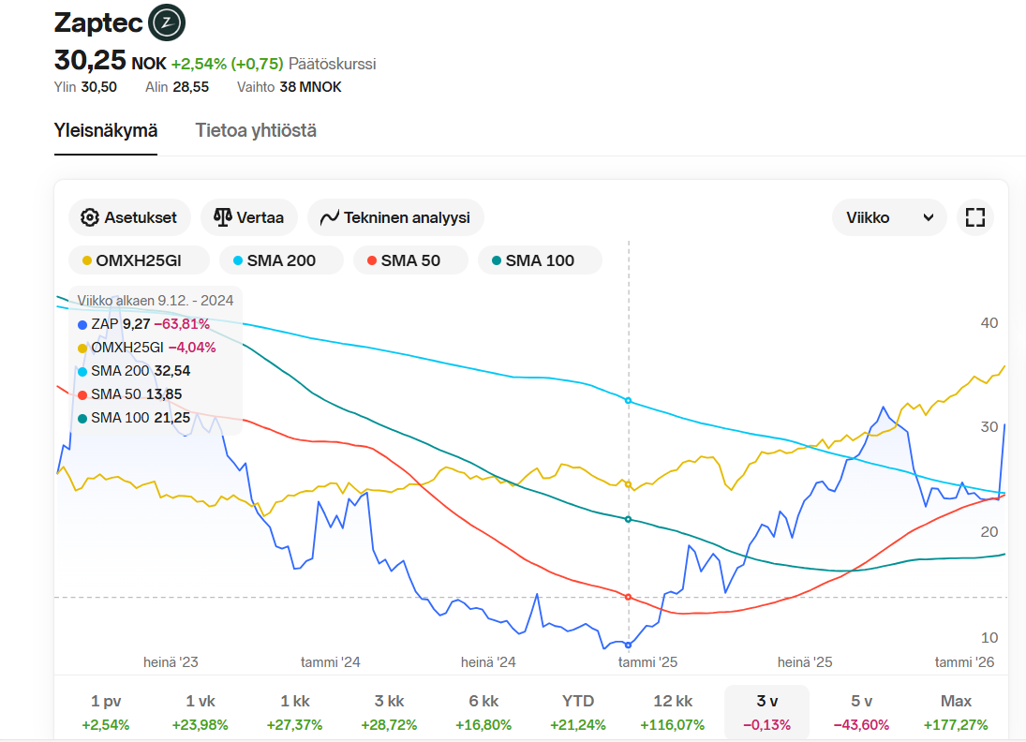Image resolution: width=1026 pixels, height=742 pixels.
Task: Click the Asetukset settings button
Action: pos(129,217)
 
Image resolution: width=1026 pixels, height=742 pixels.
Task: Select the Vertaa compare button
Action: pos(248,217)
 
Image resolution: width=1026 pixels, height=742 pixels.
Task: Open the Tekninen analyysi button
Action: pos(394,217)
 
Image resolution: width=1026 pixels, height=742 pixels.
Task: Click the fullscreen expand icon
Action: pos(975,217)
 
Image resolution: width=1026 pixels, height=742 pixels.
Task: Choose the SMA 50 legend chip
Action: pos(409,260)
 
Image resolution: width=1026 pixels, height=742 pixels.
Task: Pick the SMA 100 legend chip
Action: pos(539,260)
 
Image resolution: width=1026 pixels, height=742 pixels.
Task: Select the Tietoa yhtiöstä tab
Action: pos(256,130)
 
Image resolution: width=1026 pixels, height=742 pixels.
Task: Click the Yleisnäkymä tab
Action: pos(106,130)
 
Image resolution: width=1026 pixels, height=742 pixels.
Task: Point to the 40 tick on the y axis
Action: pos(989,322)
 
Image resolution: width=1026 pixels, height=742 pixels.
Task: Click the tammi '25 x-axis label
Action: pos(647,661)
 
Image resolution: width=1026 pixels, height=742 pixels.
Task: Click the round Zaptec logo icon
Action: pos(167,22)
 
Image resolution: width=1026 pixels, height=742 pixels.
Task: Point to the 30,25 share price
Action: pos(90,60)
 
